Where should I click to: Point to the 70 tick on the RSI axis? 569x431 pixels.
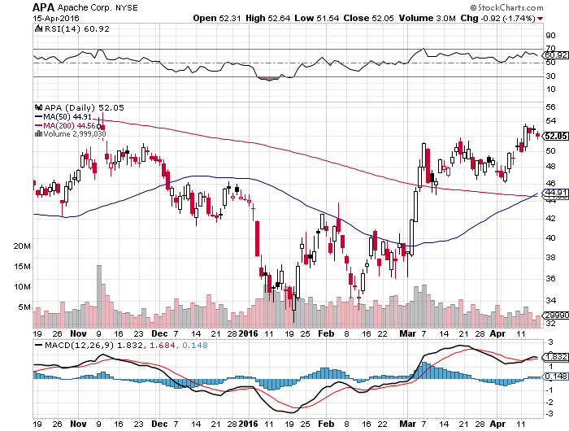pos(549,50)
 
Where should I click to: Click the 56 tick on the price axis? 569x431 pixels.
pos(549,107)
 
